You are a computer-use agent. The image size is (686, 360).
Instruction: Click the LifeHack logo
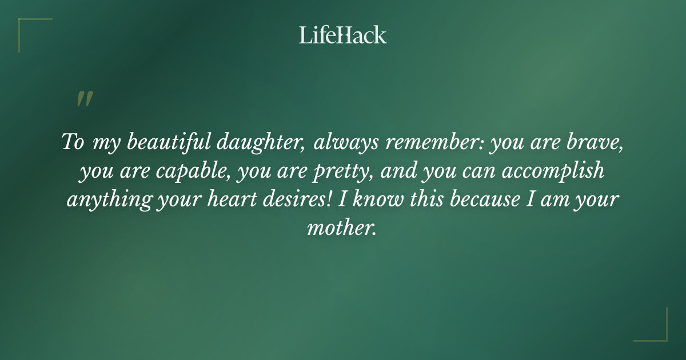click(x=342, y=35)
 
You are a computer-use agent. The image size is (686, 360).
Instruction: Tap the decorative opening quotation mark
click(x=84, y=99)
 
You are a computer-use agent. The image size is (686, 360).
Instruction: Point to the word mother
click(x=342, y=228)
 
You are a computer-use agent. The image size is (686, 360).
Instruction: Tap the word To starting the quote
click(x=73, y=142)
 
